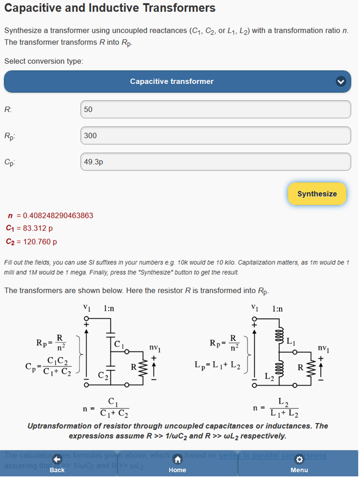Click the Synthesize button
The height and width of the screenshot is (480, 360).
(317, 194)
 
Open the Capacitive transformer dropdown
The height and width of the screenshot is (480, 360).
(177, 81)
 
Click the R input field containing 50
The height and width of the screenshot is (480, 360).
(215, 109)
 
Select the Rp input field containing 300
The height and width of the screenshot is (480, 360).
(215, 136)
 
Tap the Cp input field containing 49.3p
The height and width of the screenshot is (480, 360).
(215, 162)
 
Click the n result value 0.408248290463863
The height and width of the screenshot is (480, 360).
(58, 215)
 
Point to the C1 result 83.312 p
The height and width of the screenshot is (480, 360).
(37, 228)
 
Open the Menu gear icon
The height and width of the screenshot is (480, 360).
(299, 460)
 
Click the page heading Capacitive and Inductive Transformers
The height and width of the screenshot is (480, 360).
(110, 8)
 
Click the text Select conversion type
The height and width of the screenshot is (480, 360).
(44, 61)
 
